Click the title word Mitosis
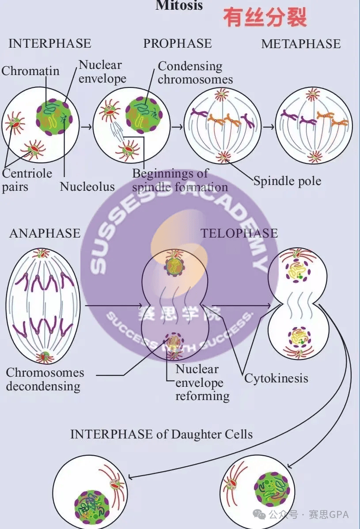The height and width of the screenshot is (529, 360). [179, 5]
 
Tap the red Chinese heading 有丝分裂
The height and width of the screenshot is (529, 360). [265, 18]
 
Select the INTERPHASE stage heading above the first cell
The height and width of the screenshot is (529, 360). [49, 43]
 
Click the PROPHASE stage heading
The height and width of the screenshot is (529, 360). [177, 43]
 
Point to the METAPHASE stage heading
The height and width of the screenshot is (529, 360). [301, 44]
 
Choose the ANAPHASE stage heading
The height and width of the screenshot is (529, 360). [45, 233]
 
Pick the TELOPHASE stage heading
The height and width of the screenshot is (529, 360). [239, 233]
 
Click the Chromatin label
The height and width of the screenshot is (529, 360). [30, 71]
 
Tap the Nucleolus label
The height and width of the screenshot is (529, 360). [87, 186]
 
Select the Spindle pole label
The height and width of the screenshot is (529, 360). [287, 181]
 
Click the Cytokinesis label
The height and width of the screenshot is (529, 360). [276, 378]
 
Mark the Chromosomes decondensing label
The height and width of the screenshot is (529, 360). [45, 379]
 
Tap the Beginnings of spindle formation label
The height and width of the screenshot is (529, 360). [180, 180]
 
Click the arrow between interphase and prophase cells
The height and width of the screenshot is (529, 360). [87, 127]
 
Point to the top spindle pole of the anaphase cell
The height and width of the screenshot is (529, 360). [42, 253]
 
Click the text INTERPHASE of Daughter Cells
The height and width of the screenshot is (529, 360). [161, 434]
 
